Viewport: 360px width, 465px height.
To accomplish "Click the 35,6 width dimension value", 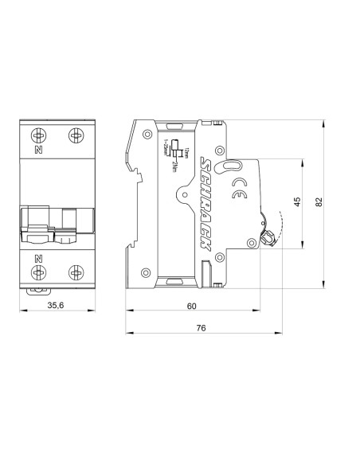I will (x=56, y=306).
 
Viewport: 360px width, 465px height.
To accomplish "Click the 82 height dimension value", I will (x=319, y=203).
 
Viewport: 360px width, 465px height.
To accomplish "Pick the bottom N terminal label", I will (x=38, y=258).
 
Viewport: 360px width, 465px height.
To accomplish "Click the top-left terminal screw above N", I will (x=38, y=134).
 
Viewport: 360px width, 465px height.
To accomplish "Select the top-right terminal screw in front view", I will (x=75, y=134).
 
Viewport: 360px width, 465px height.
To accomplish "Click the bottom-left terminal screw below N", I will (x=38, y=272).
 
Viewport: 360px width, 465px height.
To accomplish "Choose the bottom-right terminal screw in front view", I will (x=75, y=272).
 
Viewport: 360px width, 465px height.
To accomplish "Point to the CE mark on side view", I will (x=238, y=189).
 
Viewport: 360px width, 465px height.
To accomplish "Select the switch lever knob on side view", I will (x=268, y=236).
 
